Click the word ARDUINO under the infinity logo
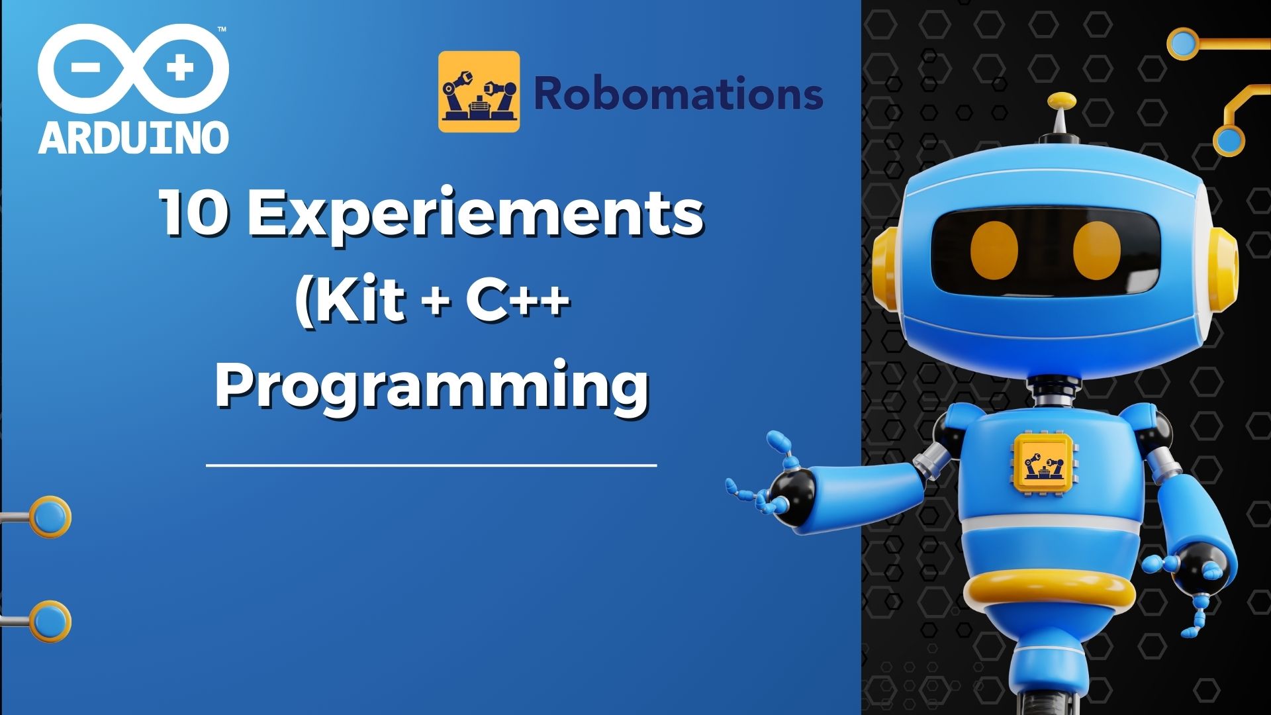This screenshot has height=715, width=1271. (134, 138)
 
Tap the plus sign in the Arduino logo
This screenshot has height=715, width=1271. (179, 68)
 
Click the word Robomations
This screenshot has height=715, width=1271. (678, 93)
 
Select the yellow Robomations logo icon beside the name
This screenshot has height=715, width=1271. (479, 91)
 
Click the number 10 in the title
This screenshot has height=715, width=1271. (192, 213)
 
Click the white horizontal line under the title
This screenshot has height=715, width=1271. (432, 465)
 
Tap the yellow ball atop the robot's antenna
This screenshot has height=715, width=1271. (1062, 101)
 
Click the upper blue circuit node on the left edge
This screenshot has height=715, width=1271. (49, 516)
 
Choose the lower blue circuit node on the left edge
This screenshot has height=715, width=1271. (49, 621)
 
